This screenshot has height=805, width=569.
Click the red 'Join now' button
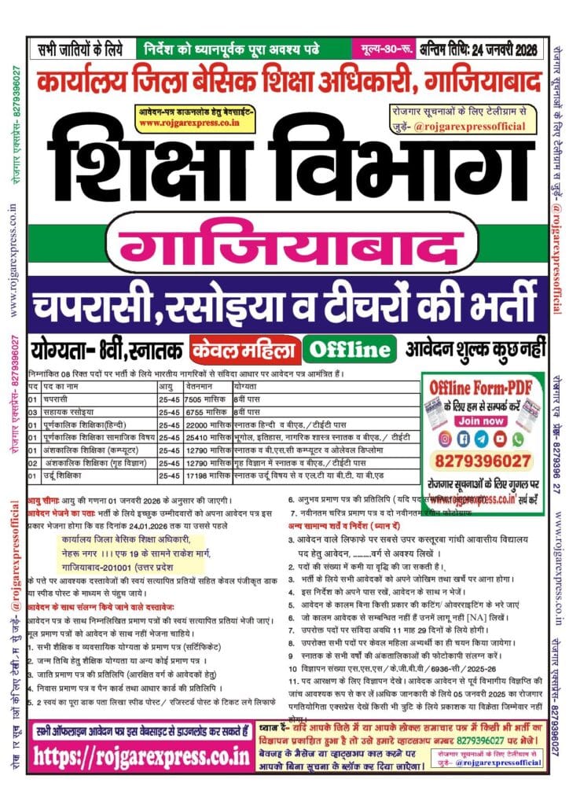[x=481, y=421]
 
